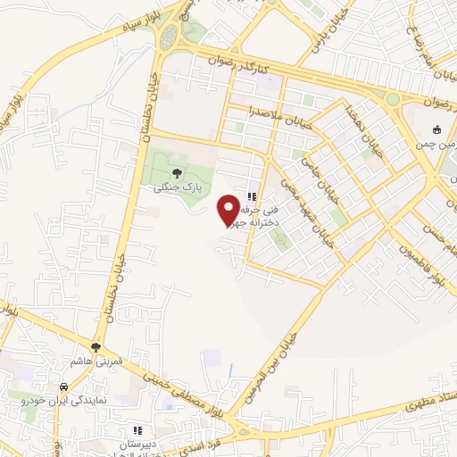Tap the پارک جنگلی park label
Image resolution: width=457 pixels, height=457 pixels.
click(176, 188)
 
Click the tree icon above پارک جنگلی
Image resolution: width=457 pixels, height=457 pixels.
click(176, 172)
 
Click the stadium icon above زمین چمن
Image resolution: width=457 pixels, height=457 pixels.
click(437, 129)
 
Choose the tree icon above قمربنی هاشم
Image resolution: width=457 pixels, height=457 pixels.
click(96, 346)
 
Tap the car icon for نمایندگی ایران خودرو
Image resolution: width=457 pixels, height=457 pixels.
click(63, 387)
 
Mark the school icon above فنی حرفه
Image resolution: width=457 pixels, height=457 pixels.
click(252, 197)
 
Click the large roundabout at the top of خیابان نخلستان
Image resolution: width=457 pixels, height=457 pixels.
click(183, 34)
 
